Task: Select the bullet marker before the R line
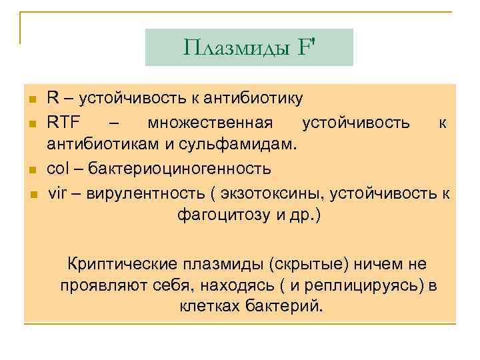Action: point(31,100)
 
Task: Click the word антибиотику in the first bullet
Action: point(249,99)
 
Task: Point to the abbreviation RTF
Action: point(63,123)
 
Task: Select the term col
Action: point(57,167)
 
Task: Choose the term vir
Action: point(57,193)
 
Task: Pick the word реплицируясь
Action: point(368,285)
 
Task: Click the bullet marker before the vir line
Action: point(31,195)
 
